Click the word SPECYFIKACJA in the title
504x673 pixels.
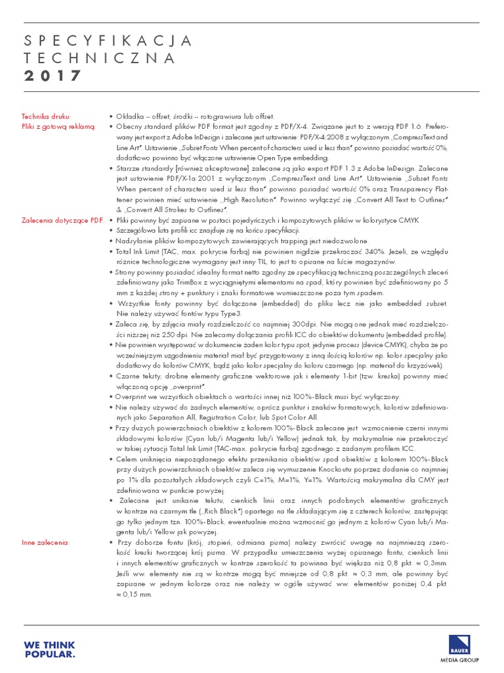tap(108, 41)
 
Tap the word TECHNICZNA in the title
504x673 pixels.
tap(100, 58)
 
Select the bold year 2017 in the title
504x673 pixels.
tap(53, 76)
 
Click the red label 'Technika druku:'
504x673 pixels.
tap(46, 115)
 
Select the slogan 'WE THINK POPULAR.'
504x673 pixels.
tap(50, 649)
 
